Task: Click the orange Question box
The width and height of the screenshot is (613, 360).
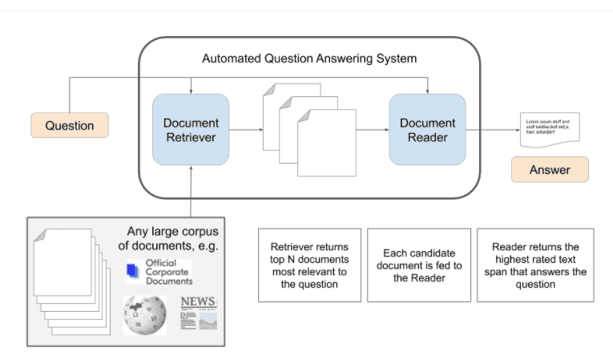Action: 69,126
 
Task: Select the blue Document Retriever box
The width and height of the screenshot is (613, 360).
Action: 191,130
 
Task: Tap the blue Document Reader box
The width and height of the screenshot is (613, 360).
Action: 427,130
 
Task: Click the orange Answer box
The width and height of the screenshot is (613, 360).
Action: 550,170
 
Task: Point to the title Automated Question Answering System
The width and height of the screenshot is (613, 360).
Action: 309,59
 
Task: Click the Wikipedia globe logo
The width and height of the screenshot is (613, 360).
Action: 145,313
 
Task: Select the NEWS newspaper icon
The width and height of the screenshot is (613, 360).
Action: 198,312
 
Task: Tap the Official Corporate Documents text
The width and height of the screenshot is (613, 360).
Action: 168,273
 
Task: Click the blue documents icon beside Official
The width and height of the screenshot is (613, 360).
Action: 133,273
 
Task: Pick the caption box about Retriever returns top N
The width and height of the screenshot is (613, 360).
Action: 309,265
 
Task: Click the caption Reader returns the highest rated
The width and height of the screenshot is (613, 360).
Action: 534,265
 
